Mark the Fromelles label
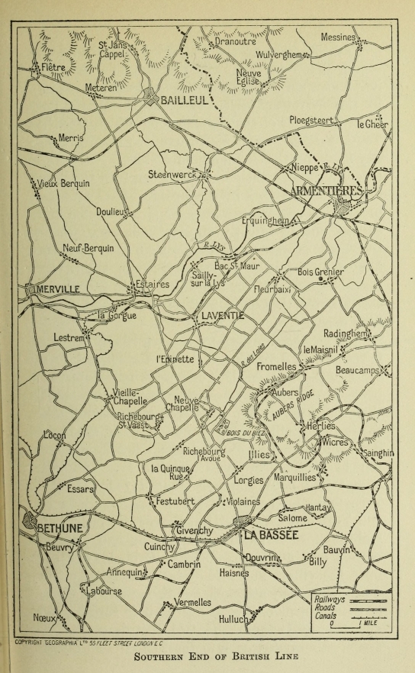pos(277,367)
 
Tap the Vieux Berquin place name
pos(62,185)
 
